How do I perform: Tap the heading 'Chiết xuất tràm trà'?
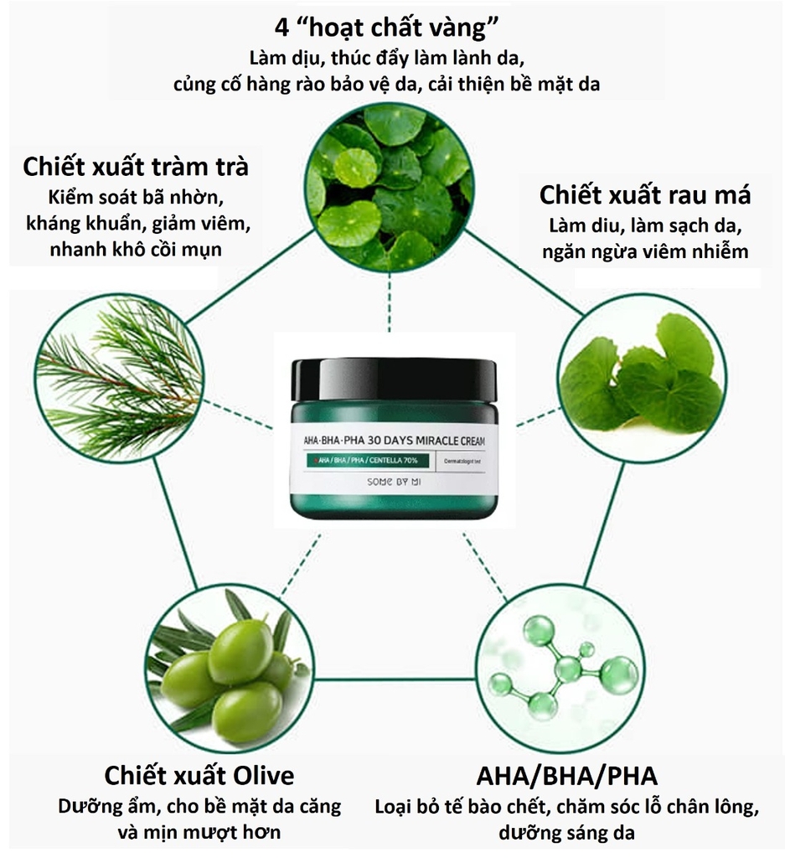(136, 166)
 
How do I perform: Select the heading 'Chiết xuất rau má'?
(644, 195)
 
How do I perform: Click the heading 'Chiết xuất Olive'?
(199, 773)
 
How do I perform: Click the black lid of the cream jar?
(393, 380)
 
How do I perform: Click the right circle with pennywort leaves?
(643, 377)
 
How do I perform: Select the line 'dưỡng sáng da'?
(567, 834)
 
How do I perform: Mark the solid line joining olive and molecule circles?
(393, 680)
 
